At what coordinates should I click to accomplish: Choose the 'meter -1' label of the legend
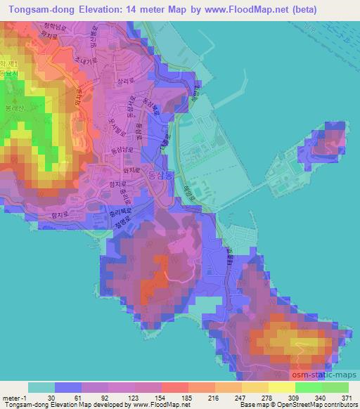click(15, 397)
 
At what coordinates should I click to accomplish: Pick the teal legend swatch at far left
click(41, 387)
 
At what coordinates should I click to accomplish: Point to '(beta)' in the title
click(282, 10)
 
